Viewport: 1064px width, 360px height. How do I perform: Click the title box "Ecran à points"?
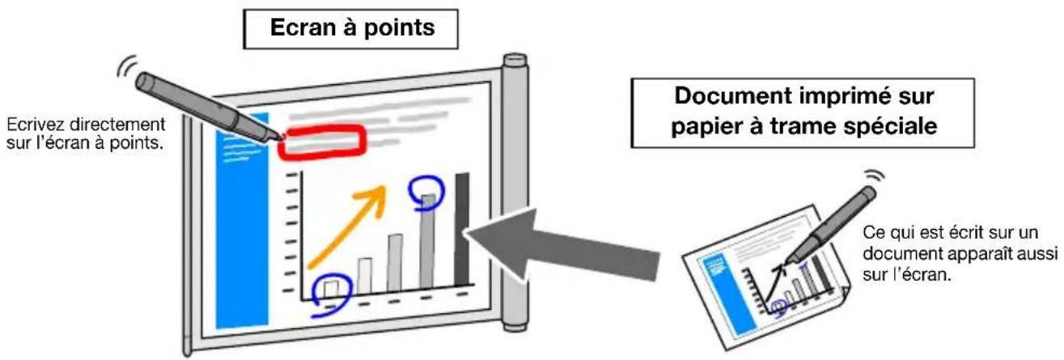click(x=350, y=29)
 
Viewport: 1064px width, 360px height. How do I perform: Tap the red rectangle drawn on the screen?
click(x=323, y=142)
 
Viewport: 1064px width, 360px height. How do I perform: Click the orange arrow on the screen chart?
click(x=347, y=228)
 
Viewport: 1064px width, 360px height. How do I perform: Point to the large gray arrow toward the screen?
click(x=561, y=244)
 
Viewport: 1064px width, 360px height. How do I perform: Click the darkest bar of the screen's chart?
click(x=462, y=230)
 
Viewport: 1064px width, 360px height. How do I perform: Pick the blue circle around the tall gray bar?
click(x=426, y=193)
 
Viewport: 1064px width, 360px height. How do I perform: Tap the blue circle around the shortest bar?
click(x=332, y=295)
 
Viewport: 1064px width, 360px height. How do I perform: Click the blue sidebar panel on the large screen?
click(x=242, y=221)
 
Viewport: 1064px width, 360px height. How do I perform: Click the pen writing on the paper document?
click(x=829, y=225)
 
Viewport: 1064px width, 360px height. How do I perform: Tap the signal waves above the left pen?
click(x=127, y=66)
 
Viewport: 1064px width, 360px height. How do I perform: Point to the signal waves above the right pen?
click(x=875, y=178)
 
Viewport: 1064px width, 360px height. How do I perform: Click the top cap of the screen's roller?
click(x=515, y=60)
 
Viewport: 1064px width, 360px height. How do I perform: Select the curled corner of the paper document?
click(x=841, y=295)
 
